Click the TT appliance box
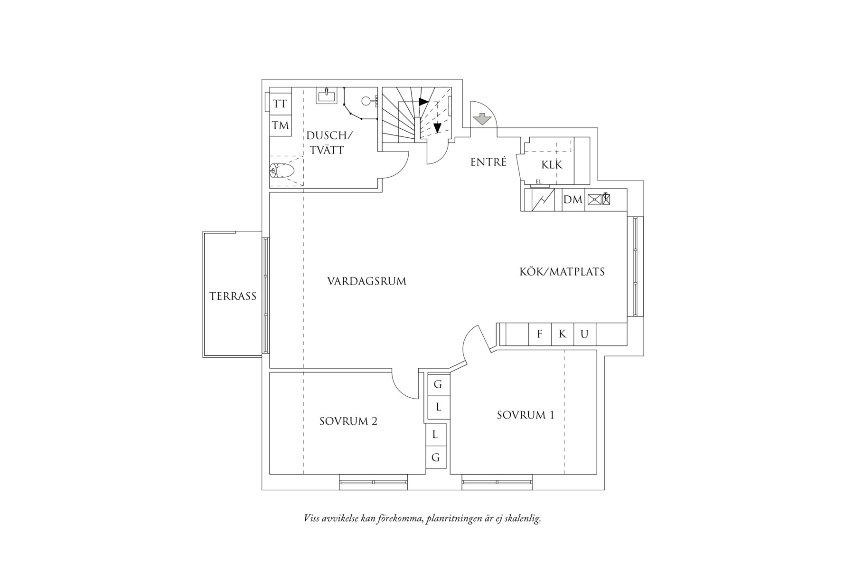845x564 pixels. pyautogui.click(x=280, y=104)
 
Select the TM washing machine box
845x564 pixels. pyautogui.click(x=280, y=125)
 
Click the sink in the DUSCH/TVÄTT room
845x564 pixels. pyautogui.click(x=327, y=97)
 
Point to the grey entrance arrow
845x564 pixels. pyautogui.click(x=483, y=120)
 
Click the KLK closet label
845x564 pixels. pyautogui.click(x=552, y=165)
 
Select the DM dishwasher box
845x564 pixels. pyautogui.click(x=573, y=200)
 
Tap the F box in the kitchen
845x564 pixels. pyautogui.click(x=540, y=334)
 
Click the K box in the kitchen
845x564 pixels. pyautogui.click(x=563, y=334)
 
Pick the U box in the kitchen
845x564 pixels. pyautogui.click(x=584, y=334)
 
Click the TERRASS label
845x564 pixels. pyautogui.click(x=233, y=296)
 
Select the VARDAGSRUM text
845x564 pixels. pyautogui.click(x=366, y=281)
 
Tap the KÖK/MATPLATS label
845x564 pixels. pyautogui.click(x=562, y=272)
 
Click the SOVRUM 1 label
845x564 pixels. pyautogui.click(x=526, y=415)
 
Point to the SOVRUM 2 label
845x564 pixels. pyautogui.click(x=348, y=421)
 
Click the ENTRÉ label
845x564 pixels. pyautogui.click(x=488, y=162)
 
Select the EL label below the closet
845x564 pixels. pyautogui.click(x=538, y=182)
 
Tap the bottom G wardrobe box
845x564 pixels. pyautogui.click(x=436, y=458)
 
